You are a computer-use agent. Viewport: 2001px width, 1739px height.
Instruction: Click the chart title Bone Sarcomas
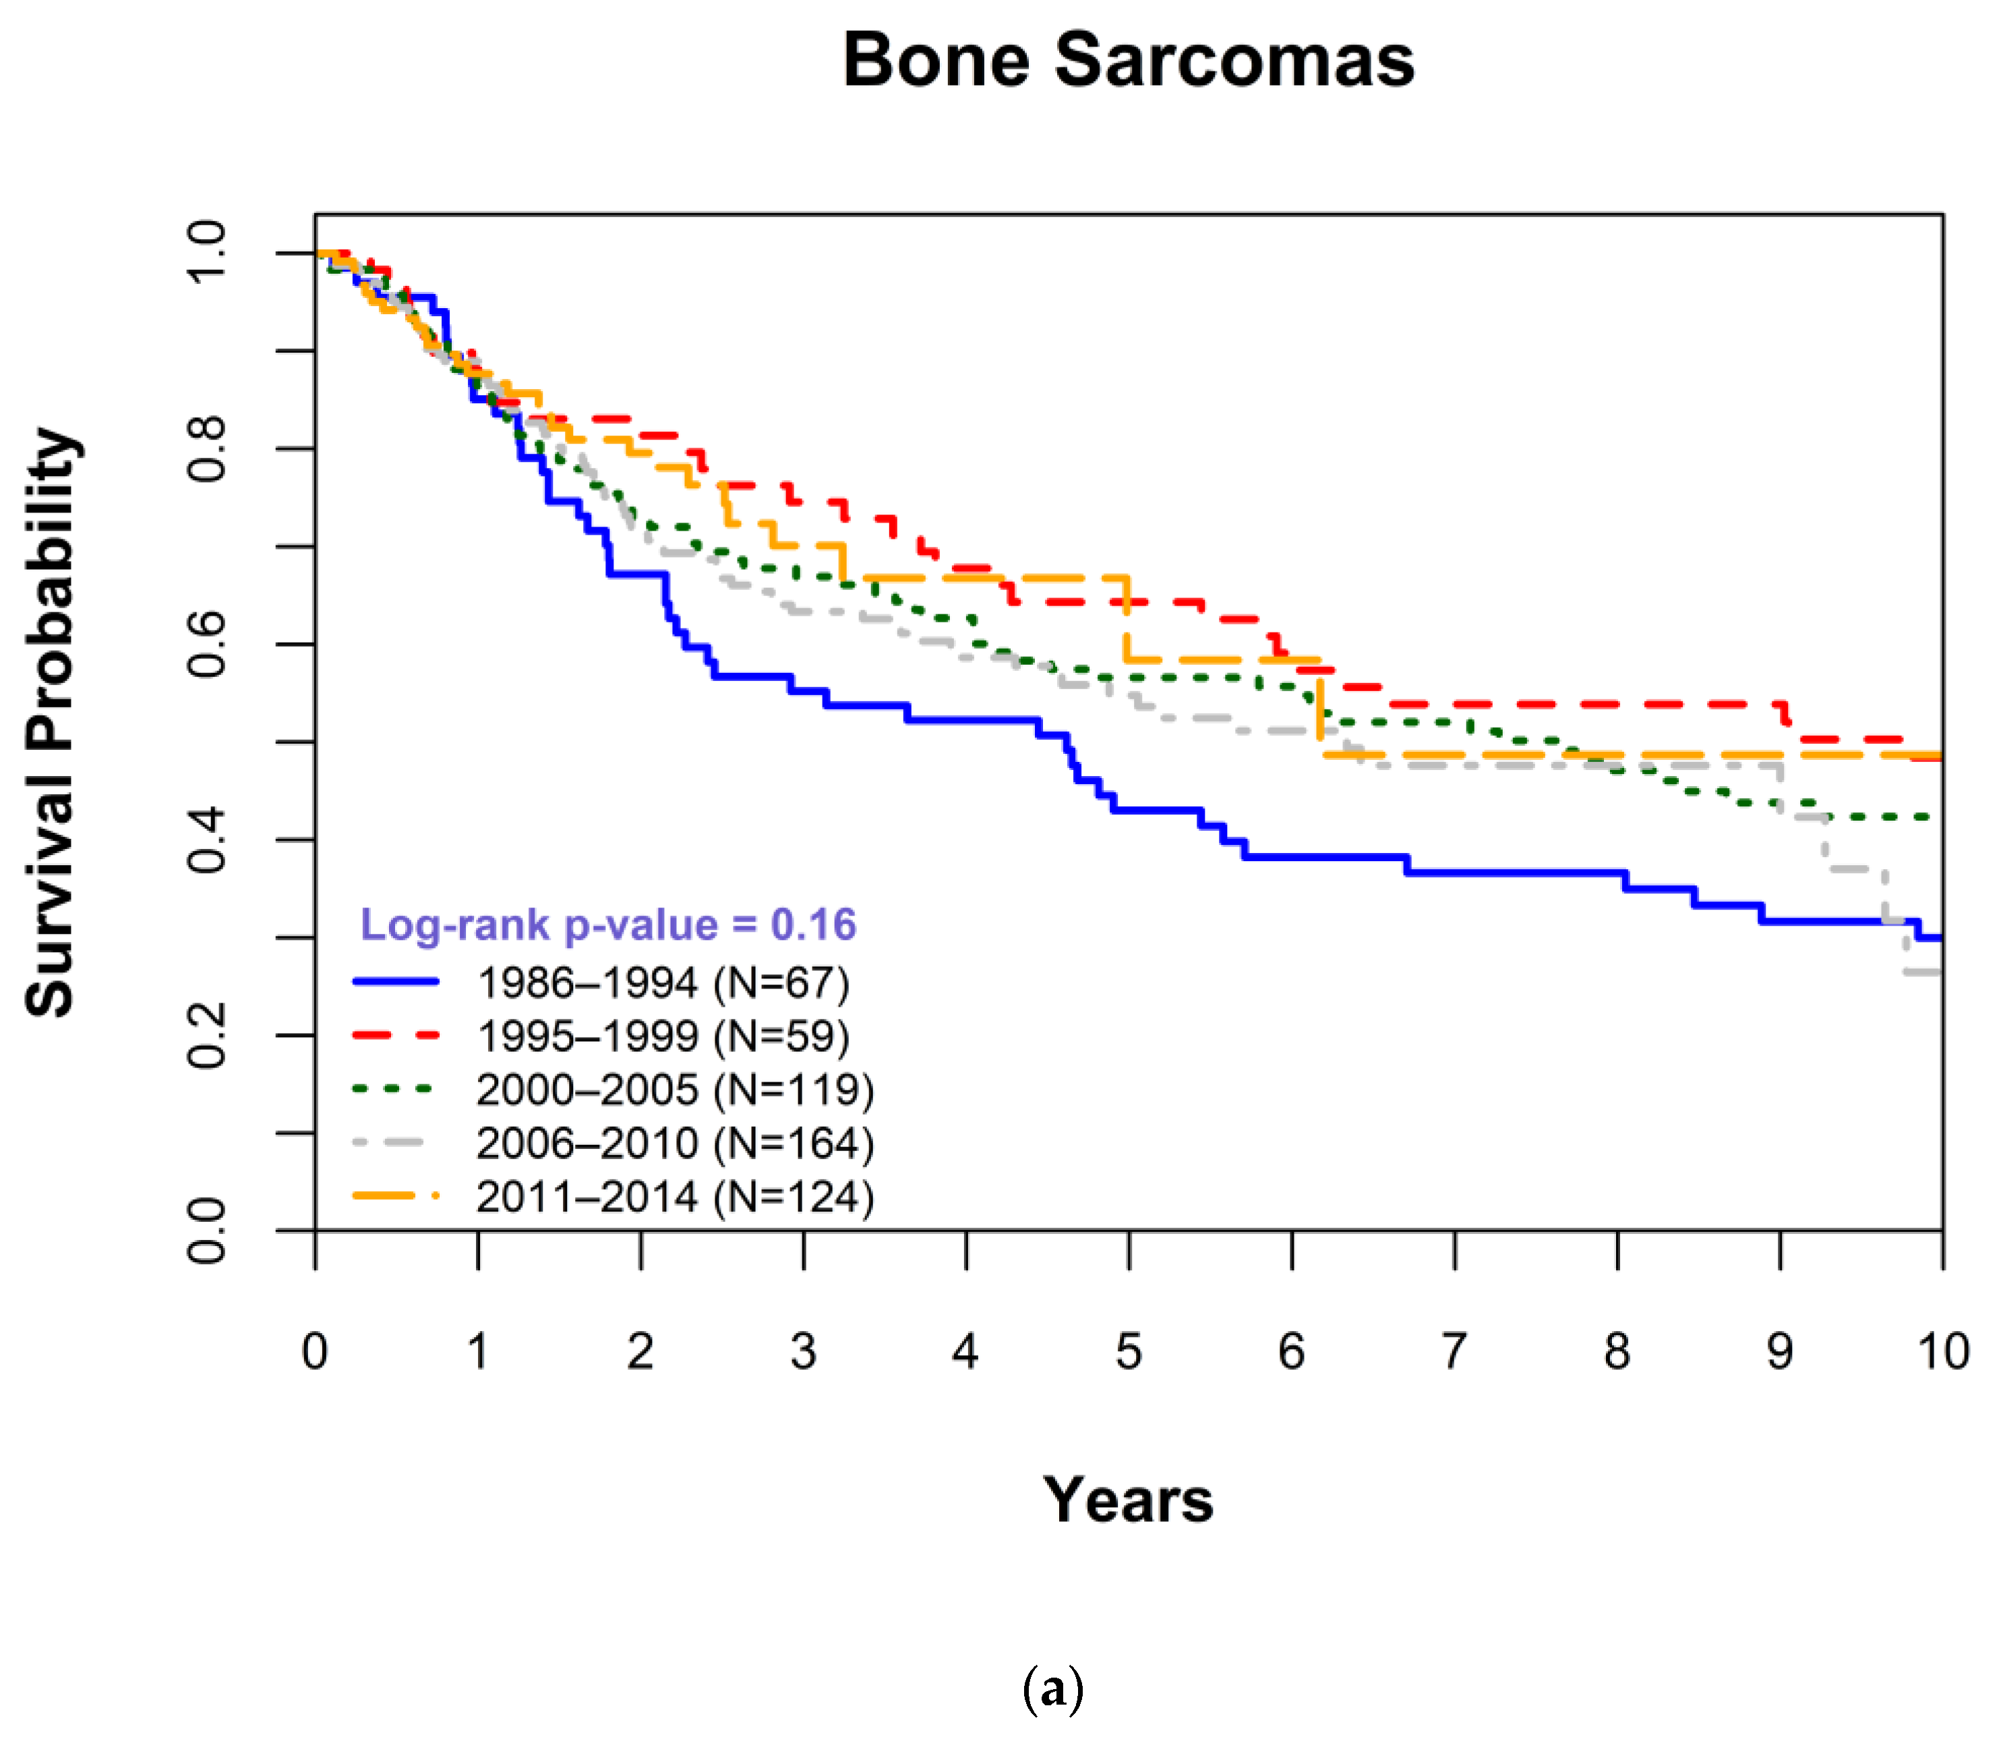pyautogui.click(x=1128, y=60)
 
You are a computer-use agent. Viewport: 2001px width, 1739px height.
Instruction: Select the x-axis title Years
pyautogui.click(x=1128, y=1500)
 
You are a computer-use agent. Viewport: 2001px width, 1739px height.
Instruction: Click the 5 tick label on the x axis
pyautogui.click(x=1129, y=1352)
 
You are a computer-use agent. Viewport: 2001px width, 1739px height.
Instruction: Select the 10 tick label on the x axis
pyautogui.click(x=1943, y=1352)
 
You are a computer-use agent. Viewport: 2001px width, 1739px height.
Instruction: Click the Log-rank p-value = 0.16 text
pyautogui.click(x=608, y=925)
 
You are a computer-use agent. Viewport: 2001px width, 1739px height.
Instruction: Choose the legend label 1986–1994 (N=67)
pyautogui.click(x=664, y=983)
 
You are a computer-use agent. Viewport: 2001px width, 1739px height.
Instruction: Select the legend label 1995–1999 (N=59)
pyautogui.click(x=664, y=1036)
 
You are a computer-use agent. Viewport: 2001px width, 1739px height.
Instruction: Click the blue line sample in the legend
pyautogui.click(x=396, y=982)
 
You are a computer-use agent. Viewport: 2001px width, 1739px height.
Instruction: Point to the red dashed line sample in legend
pyautogui.click(x=396, y=1036)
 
